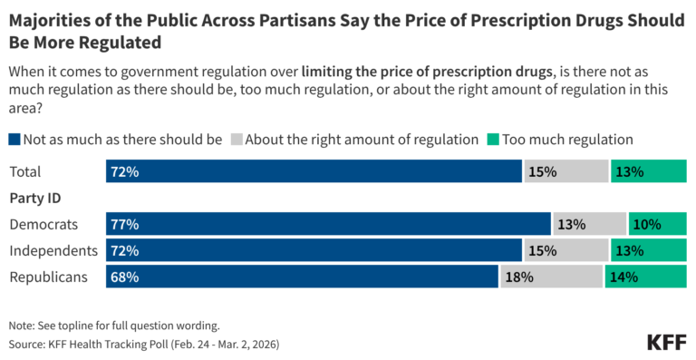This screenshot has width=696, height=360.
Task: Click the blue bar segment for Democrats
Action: [328, 224]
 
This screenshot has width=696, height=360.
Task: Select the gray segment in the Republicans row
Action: [550, 277]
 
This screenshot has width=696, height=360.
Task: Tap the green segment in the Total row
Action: [648, 170]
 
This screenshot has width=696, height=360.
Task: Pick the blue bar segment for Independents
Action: [314, 250]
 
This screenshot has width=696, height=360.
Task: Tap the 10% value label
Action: [647, 224]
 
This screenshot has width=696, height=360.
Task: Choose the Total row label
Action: [25, 171]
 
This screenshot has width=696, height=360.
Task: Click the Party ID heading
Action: [34, 198]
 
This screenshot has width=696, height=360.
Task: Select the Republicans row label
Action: [48, 277]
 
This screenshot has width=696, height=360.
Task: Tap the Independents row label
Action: [53, 250]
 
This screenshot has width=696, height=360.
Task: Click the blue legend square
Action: [14, 140]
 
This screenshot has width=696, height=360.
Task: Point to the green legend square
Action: [494, 140]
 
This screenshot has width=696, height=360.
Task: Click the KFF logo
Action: [666, 342]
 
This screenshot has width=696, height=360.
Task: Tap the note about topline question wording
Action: [114, 325]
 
